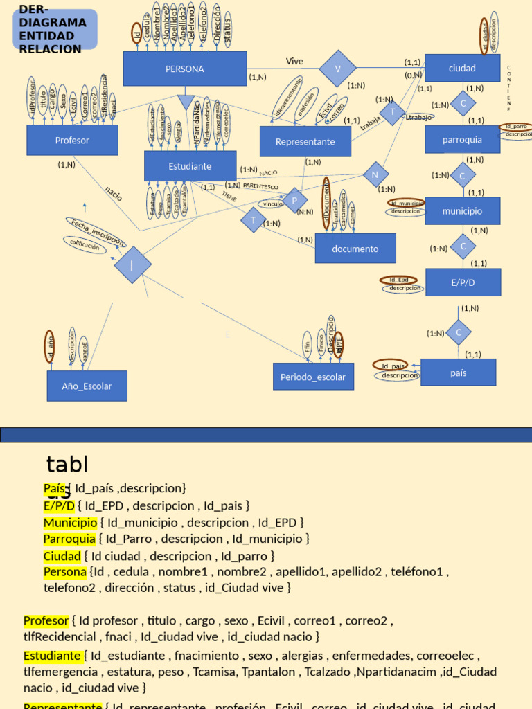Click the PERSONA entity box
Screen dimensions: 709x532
click(x=185, y=69)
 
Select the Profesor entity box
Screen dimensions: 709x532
click(x=72, y=140)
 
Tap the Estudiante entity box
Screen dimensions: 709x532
click(x=190, y=166)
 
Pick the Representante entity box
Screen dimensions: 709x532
click(x=305, y=141)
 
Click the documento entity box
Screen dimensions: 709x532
click(x=355, y=249)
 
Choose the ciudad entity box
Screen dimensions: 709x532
click(x=462, y=68)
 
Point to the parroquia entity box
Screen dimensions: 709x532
click(x=462, y=139)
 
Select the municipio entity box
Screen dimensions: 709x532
click(x=462, y=210)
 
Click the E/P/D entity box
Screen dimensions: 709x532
click(x=462, y=282)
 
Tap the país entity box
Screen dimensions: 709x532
click(x=458, y=373)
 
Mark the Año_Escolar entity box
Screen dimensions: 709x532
click(x=87, y=386)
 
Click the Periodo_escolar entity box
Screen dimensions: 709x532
click(x=313, y=377)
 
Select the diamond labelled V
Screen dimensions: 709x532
click(x=338, y=68)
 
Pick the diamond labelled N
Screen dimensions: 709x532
click(x=375, y=174)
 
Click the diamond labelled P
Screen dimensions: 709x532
click(x=294, y=201)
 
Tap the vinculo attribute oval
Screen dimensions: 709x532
click(x=273, y=204)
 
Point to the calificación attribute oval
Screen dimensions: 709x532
click(x=85, y=244)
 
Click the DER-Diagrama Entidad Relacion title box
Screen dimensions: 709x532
click(x=55, y=30)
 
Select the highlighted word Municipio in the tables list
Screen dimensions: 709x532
click(x=70, y=522)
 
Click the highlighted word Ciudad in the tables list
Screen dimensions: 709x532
click(x=62, y=555)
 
